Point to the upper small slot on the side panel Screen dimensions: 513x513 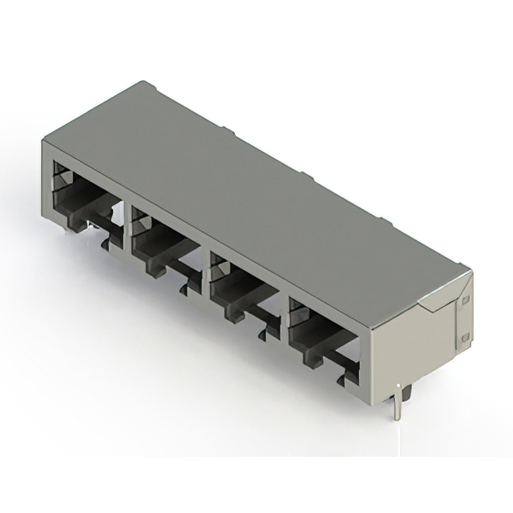[x=462, y=301]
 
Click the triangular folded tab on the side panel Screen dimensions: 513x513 [x=437, y=301]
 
